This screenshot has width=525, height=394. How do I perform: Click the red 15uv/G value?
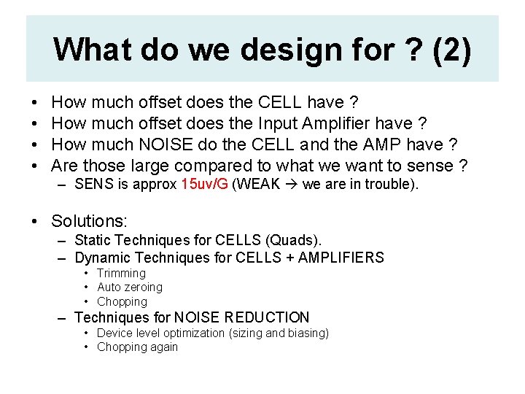pyautogui.click(x=204, y=185)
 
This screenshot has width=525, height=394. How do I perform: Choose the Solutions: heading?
pyautogui.click(x=89, y=220)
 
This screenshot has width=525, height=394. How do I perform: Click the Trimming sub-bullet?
pyautogui.click(x=121, y=273)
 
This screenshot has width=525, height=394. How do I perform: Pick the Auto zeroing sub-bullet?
pyautogui.click(x=129, y=287)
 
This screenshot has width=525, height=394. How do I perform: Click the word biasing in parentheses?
pyautogui.click(x=306, y=333)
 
